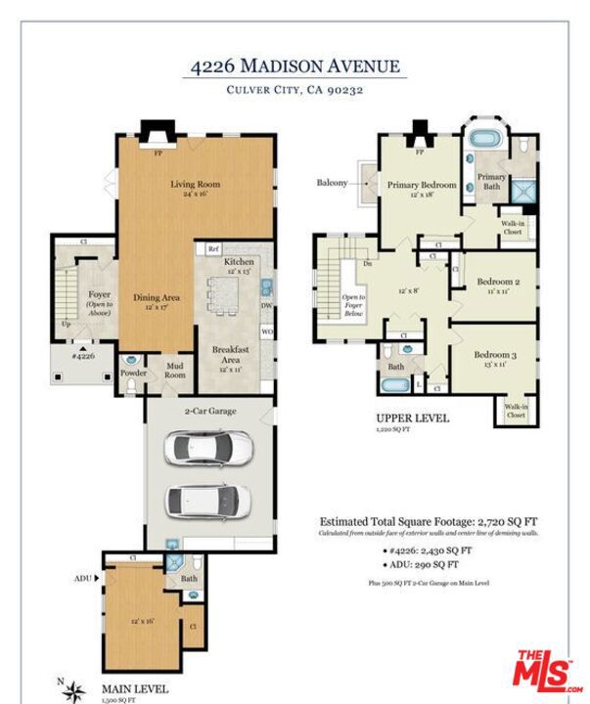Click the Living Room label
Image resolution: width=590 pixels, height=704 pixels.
(x=196, y=184)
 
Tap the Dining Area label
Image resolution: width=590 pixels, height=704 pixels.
(x=157, y=296)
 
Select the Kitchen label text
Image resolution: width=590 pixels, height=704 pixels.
(x=239, y=262)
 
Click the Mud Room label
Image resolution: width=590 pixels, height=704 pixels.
(x=174, y=370)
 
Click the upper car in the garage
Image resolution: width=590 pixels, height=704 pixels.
(x=207, y=449)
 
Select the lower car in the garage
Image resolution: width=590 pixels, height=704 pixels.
(x=207, y=501)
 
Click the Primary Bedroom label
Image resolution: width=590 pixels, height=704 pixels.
(x=422, y=185)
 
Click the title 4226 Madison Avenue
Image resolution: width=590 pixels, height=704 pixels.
(x=295, y=66)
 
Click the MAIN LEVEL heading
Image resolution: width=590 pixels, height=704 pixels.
(x=135, y=688)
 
